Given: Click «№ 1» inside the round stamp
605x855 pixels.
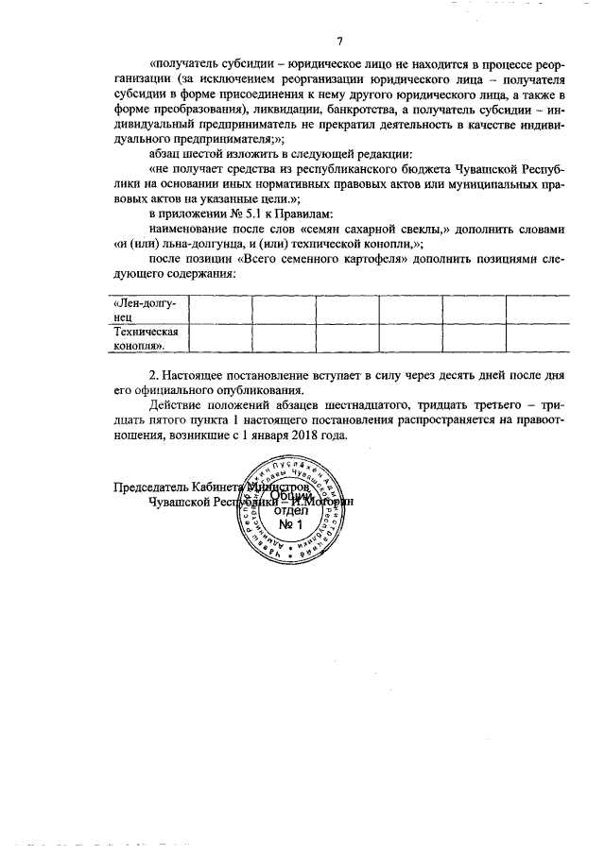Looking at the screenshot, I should click(291, 525).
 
